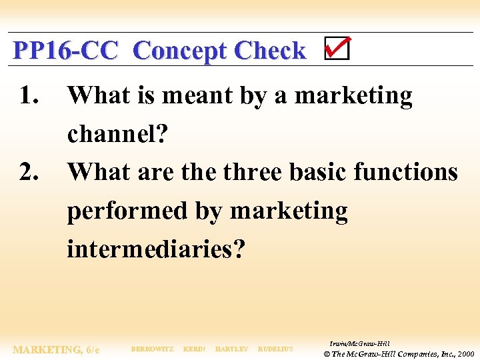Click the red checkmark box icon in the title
pyautogui.click(x=337, y=49)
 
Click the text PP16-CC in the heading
pyautogui.click(x=65, y=51)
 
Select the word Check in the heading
pyautogui.click(x=270, y=51)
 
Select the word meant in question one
pyautogui.click(x=192, y=96)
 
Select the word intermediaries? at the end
pyautogui.click(x=156, y=249)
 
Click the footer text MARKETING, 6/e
pyautogui.click(x=57, y=349)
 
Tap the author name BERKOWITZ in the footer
pyautogui.click(x=152, y=349)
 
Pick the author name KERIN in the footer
pyautogui.click(x=194, y=349)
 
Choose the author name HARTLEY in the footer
pyautogui.click(x=231, y=349)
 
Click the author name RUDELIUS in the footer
pyautogui.click(x=275, y=349)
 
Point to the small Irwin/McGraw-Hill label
pyautogui.click(x=359, y=343)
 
